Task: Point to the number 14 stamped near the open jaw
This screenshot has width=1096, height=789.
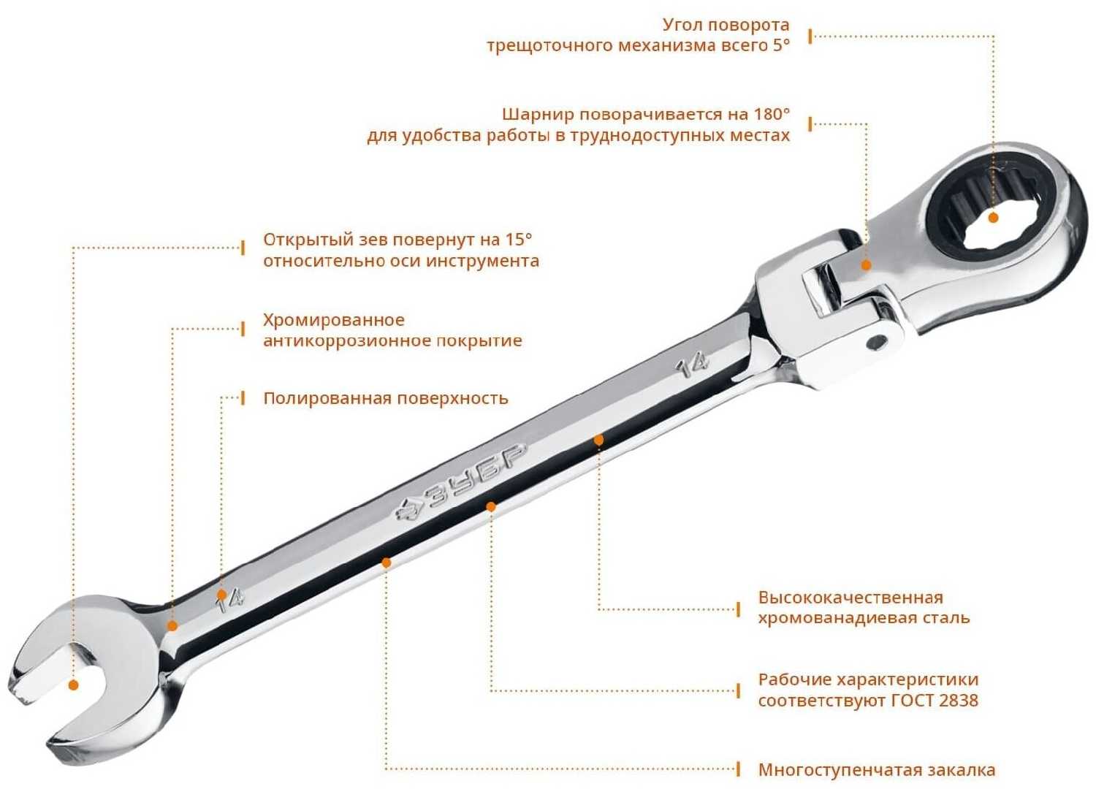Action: point(229,601)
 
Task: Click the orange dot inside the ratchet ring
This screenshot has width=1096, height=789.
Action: point(993,218)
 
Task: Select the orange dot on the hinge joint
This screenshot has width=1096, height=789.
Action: point(866,265)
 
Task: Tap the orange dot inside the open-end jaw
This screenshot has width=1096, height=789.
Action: point(73,685)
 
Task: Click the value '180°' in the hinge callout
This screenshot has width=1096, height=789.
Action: point(772,114)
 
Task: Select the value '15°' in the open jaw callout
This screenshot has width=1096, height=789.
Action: point(518,240)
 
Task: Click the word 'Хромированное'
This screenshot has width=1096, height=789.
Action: point(334,320)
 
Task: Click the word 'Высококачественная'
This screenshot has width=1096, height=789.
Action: point(850,598)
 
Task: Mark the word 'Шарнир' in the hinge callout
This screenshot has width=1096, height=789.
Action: point(539,115)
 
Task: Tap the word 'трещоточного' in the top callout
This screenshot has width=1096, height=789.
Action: point(549,46)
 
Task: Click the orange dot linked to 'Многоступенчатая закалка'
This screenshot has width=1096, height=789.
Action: point(386,563)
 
